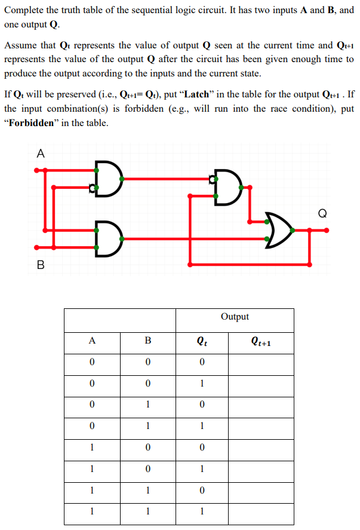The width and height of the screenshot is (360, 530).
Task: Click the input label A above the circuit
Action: [x=40, y=153]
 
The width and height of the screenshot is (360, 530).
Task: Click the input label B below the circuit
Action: [x=40, y=264]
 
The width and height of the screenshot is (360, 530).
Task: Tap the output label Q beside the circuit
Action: [x=322, y=213]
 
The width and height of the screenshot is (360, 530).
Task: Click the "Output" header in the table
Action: [x=235, y=317]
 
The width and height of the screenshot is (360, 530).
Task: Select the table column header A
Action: [x=91, y=341]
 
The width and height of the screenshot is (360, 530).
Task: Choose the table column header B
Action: [x=147, y=341]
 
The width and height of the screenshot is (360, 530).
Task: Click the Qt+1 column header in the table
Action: [x=261, y=342]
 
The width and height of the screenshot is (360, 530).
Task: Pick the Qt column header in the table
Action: [x=202, y=342]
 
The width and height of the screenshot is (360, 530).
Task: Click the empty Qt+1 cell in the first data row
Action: [x=261, y=363]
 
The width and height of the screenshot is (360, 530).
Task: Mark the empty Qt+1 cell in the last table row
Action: [x=261, y=513]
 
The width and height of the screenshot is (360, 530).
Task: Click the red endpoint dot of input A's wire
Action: [x=37, y=170]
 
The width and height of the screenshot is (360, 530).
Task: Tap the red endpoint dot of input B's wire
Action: [x=37, y=247]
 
